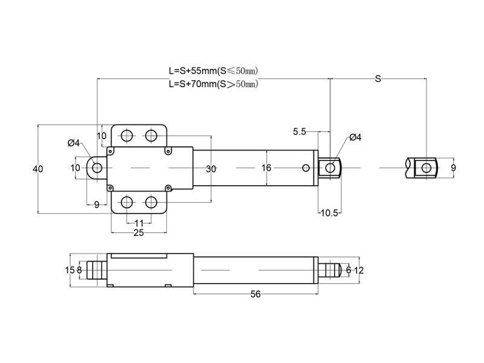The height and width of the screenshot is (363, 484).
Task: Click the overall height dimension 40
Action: coord(38,169)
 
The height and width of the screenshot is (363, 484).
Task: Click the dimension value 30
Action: coord(211,169)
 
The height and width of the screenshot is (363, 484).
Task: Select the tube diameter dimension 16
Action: coord(266,168)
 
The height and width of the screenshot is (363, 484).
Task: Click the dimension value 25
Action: coord(139,233)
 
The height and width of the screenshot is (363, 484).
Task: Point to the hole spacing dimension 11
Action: coord(139,223)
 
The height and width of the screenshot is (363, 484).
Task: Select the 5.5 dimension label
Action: coord(299,131)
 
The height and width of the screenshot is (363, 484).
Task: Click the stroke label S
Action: coord(378,79)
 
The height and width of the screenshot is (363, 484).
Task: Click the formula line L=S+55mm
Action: coord(214,70)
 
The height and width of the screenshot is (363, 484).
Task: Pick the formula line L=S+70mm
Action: coord(214,84)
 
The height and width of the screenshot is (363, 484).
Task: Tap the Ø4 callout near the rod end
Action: coord(355,138)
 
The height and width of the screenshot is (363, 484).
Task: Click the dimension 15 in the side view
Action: coord(69,270)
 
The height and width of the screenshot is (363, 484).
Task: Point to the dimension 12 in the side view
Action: coord(359,270)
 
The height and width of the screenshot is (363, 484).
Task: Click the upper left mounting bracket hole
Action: coord(127,135)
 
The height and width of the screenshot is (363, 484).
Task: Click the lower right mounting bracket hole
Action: coord(151,201)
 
